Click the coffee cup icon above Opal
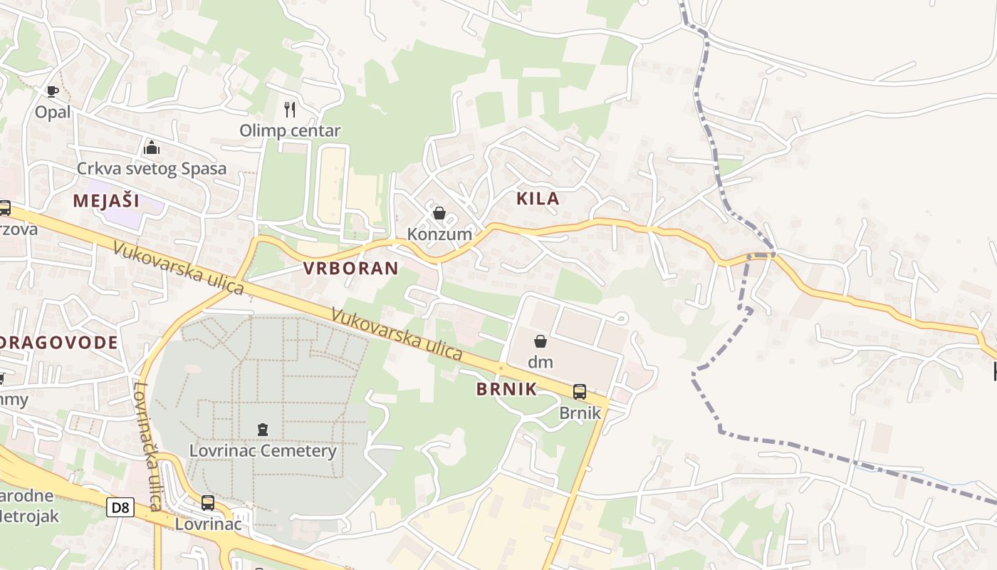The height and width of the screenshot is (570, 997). [x=52, y=91]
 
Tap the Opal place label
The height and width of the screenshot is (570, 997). [x=53, y=112]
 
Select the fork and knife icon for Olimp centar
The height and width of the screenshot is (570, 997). [x=289, y=109]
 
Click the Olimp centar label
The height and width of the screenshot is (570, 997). [x=290, y=130]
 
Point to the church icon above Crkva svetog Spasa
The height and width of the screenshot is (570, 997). [x=151, y=147]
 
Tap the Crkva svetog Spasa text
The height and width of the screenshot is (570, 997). [x=152, y=169]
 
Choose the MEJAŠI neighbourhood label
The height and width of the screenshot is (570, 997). [x=106, y=201]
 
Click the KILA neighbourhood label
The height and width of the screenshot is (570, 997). [x=538, y=199]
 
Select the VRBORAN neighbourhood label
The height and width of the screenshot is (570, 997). [x=350, y=269]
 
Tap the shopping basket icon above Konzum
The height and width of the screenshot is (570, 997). [x=439, y=213]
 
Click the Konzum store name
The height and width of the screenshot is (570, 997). [x=439, y=234]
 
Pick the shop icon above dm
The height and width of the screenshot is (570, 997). [x=541, y=341]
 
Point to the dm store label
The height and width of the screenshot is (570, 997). [x=541, y=362]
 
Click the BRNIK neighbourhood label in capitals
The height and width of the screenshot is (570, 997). [x=506, y=389]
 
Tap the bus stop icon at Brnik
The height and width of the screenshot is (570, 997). [x=580, y=391]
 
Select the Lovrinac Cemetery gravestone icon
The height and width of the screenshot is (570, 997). [x=263, y=430]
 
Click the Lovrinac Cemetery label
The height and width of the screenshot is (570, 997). [x=263, y=451]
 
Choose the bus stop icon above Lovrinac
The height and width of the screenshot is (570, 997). [x=208, y=502]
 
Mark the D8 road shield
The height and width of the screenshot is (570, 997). [x=120, y=507]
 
